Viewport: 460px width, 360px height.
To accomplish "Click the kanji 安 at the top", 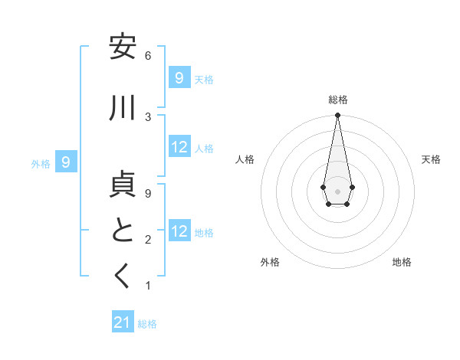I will point(123,47).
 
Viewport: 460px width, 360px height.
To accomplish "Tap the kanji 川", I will point(123,108).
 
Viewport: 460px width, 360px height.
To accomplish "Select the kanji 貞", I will point(123,186).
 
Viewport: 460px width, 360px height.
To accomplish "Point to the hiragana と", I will point(123,231).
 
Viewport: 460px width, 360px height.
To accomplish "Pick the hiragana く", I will point(123,277).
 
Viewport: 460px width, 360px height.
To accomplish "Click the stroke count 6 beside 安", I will point(148,56).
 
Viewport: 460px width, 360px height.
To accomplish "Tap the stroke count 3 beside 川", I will point(148,116).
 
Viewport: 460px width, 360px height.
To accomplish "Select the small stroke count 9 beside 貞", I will point(148,194).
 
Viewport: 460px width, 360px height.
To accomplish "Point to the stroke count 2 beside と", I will point(148,240).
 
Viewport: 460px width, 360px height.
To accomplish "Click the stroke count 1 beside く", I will point(148,286).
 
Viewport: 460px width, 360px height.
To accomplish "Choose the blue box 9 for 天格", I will point(179,77).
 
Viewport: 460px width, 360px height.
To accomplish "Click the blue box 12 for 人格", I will point(179,147).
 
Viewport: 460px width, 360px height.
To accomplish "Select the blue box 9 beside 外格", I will point(67,162).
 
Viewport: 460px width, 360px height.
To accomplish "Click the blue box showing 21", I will point(123,322).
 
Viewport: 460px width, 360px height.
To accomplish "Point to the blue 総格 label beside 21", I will point(147,324).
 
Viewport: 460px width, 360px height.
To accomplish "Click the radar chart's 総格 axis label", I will point(337,100).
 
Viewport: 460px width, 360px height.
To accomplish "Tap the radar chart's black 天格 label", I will point(431,159).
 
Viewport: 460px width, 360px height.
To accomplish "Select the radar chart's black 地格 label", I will point(402,262).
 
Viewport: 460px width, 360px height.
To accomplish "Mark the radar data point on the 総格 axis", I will point(337,116).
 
